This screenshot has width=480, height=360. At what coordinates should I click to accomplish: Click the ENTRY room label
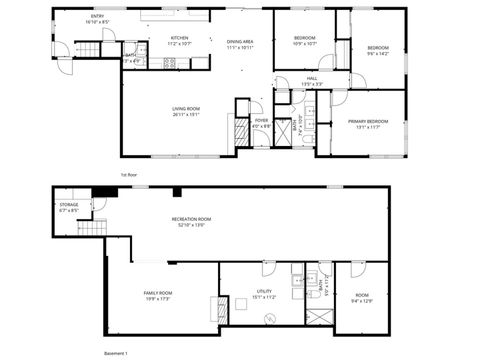[x=69, y=17]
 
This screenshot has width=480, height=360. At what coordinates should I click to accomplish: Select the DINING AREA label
[x=240, y=40]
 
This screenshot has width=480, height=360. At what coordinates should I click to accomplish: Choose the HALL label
[x=312, y=78]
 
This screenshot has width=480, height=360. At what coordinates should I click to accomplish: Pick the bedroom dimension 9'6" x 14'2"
[x=376, y=53]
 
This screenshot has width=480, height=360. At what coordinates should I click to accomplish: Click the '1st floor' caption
[x=128, y=174]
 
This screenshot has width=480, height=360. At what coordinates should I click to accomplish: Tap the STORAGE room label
[x=68, y=205]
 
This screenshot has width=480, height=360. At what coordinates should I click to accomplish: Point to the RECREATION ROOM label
[x=190, y=219]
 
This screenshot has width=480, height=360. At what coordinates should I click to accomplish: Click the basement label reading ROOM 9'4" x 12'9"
[x=361, y=297]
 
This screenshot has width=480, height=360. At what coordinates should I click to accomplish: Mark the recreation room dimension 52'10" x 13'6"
[x=190, y=225]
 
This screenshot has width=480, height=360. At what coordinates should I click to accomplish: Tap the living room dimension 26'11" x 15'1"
[x=186, y=114]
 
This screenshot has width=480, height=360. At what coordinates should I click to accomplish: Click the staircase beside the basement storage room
[x=92, y=228]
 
